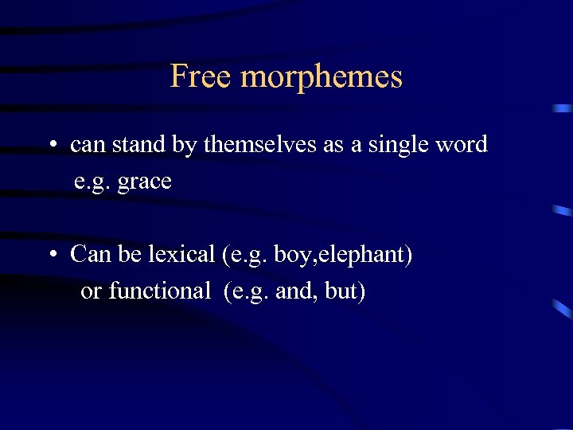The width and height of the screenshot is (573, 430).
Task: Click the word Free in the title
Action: click(x=201, y=76)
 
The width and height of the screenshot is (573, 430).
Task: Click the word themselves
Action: click(x=253, y=145)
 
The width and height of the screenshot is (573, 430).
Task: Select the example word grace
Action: click(x=144, y=182)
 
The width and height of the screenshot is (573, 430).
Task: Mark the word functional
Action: click(x=159, y=291)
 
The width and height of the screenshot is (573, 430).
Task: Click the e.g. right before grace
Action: click(x=92, y=182)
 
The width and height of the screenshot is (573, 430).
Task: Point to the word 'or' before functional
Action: click(x=91, y=292)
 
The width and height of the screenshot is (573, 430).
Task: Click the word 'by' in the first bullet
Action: click(x=187, y=146)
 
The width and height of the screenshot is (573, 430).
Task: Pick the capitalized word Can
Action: click(x=87, y=255)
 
